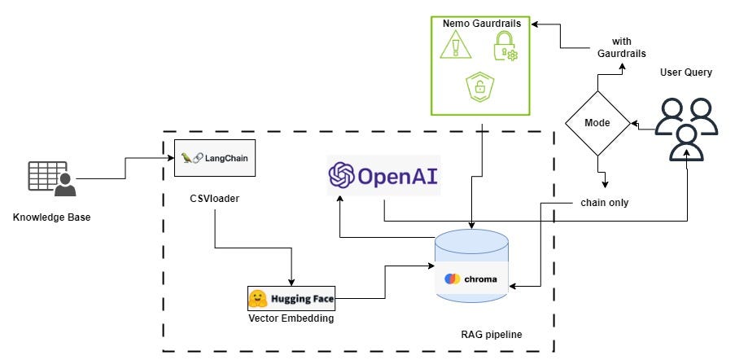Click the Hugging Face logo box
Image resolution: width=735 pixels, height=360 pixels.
click(x=291, y=297)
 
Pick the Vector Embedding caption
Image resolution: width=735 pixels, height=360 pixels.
click(x=291, y=318)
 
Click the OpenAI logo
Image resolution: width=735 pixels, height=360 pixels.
click(x=383, y=175)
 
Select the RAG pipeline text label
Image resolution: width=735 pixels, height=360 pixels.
click(x=492, y=334)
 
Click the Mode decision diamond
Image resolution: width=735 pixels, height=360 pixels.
click(x=597, y=123)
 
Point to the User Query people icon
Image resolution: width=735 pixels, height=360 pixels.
click(x=686, y=129)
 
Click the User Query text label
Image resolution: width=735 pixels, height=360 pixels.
click(x=685, y=72)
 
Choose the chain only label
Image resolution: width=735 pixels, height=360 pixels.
click(x=603, y=201)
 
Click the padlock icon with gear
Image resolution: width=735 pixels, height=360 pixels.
click(x=505, y=47)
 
